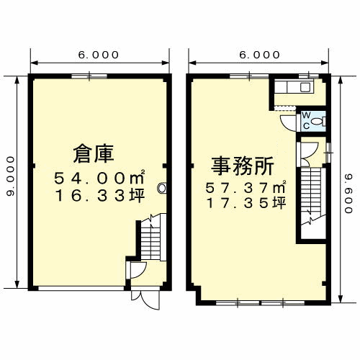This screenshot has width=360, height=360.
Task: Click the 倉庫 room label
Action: click(x=94, y=153)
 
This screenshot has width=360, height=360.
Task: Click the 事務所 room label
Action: click(x=242, y=166)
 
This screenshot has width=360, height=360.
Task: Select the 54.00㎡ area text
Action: click(x=101, y=176)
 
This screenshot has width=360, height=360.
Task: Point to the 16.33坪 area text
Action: click(x=99, y=194)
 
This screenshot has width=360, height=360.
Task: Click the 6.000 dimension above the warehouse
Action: click(x=99, y=55)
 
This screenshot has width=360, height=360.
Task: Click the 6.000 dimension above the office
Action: click(x=259, y=55)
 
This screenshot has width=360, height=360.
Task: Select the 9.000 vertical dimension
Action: click(x=10, y=176)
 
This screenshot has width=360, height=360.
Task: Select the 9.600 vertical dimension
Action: click(x=348, y=187)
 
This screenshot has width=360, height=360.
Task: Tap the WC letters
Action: click(x=305, y=119)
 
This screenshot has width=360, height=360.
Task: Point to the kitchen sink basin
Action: click(x=305, y=87)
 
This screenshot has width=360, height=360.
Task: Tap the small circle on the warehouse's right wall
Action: click(x=162, y=189)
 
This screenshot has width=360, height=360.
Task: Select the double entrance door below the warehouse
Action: click(x=141, y=299)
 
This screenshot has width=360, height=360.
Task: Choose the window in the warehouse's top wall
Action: click(x=89, y=75)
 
